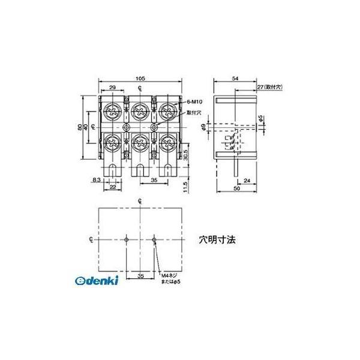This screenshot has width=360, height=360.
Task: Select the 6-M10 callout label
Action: (x=194, y=103)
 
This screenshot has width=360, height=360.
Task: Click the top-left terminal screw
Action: (x=112, y=110)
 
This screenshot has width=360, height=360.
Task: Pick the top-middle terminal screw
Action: (x=140, y=110)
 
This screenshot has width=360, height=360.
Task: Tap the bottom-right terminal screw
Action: (x=167, y=143)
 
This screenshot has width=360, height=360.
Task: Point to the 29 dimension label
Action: (x=113, y=89)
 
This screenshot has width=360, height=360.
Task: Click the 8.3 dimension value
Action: (x=97, y=179)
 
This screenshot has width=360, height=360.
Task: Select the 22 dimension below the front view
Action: (x=113, y=188)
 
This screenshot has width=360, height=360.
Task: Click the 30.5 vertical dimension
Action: (x=188, y=154)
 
